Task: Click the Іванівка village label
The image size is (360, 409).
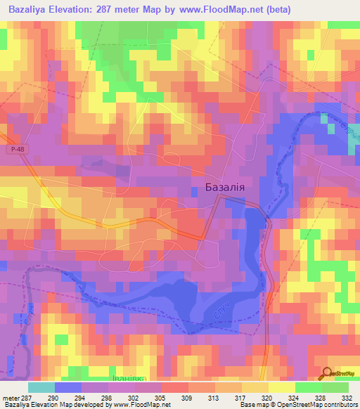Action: coord(127,378)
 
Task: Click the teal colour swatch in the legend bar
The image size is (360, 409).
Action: coord(41,387)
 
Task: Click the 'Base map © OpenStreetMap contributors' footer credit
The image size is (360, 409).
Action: coord(297,405)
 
